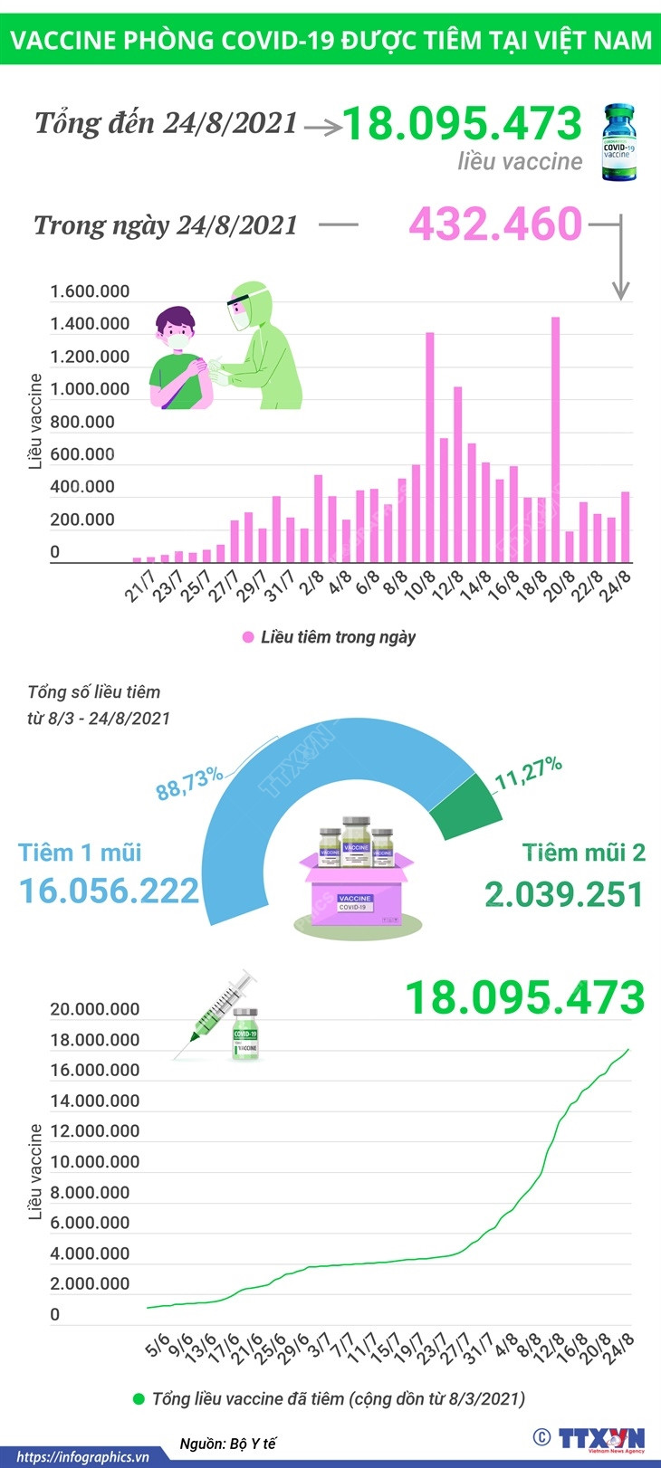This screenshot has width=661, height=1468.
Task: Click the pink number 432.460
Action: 494,224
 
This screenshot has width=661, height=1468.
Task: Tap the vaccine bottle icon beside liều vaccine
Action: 618,142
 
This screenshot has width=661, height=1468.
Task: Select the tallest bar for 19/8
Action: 555,440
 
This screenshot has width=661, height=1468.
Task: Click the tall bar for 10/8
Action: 430,447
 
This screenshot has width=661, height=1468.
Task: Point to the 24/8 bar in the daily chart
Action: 625,527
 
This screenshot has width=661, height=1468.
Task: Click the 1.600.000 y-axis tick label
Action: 90,291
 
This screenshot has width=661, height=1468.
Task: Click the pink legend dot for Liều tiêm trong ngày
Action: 248,637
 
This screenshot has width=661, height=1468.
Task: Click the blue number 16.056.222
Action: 109,891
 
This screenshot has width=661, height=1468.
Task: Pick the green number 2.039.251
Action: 563,894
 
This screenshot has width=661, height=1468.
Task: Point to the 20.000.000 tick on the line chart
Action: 94,1009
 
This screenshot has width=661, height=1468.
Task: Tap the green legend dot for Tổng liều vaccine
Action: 139,1399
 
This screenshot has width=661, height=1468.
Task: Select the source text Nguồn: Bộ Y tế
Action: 227,1444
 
